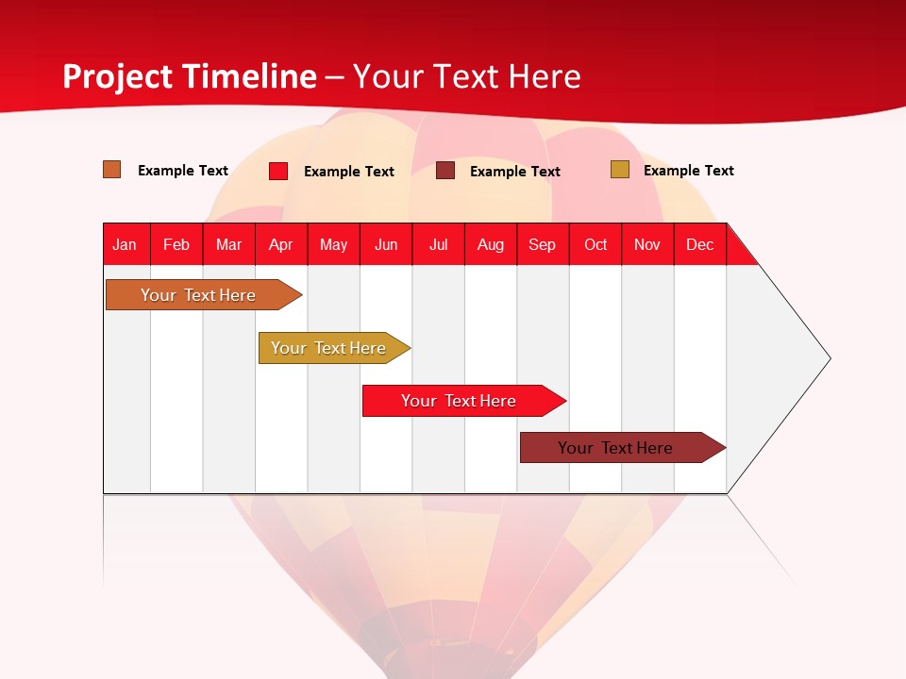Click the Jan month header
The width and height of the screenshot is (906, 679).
pyautogui.click(x=126, y=244)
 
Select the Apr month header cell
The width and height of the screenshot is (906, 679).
pyautogui.click(x=281, y=244)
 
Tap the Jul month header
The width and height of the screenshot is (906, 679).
pyautogui.click(x=438, y=244)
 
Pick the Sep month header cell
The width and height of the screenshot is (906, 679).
pyautogui.click(x=543, y=244)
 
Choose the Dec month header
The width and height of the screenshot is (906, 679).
pyautogui.click(x=699, y=244)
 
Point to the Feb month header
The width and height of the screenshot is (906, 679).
pyautogui.click(x=176, y=244)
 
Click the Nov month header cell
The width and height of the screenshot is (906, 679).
pyautogui.click(x=647, y=244)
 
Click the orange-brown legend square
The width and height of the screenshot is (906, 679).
pyautogui.click(x=112, y=170)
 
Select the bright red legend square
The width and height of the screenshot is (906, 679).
pyautogui.click(x=278, y=171)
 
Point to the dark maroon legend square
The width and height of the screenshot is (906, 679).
pyautogui.click(x=445, y=171)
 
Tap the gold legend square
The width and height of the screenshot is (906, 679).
pyautogui.click(x=619, y=170)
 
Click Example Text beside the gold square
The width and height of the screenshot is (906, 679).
pyautogui.click(x=688, y=171)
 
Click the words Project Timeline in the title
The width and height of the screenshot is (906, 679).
pyautogui.click(x=190, y=76)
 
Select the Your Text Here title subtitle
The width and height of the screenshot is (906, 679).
pyautogui.click(x=467, y=76)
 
